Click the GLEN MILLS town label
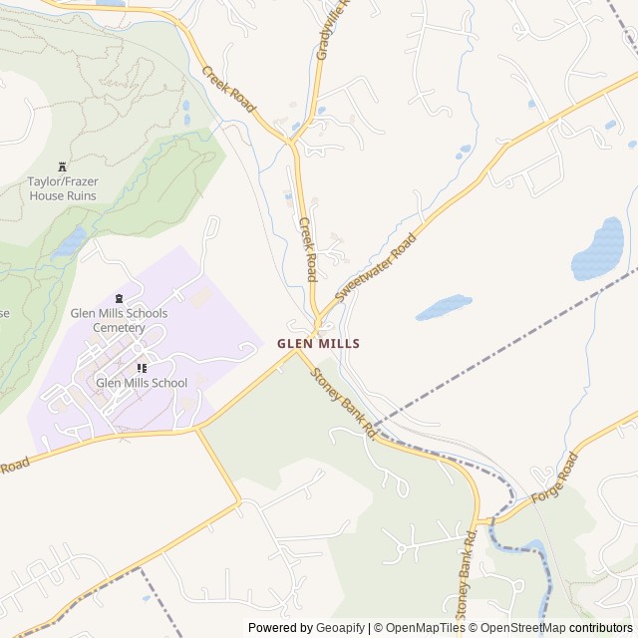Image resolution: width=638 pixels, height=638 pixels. point(318,343)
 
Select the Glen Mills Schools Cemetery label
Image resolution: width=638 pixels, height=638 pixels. point(119,320)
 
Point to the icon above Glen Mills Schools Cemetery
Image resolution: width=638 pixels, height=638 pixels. point(120,298)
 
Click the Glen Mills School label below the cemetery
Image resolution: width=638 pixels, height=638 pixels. point(142,382)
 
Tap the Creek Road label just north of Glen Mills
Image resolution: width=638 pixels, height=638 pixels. point(308,249)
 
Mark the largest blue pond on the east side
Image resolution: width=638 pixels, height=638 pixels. point(598,249)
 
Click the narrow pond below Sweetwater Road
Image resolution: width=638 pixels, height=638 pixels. point(443,307)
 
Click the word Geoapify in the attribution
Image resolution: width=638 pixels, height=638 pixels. point(340,628)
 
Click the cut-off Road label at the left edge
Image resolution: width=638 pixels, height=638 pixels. point(14,467)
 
